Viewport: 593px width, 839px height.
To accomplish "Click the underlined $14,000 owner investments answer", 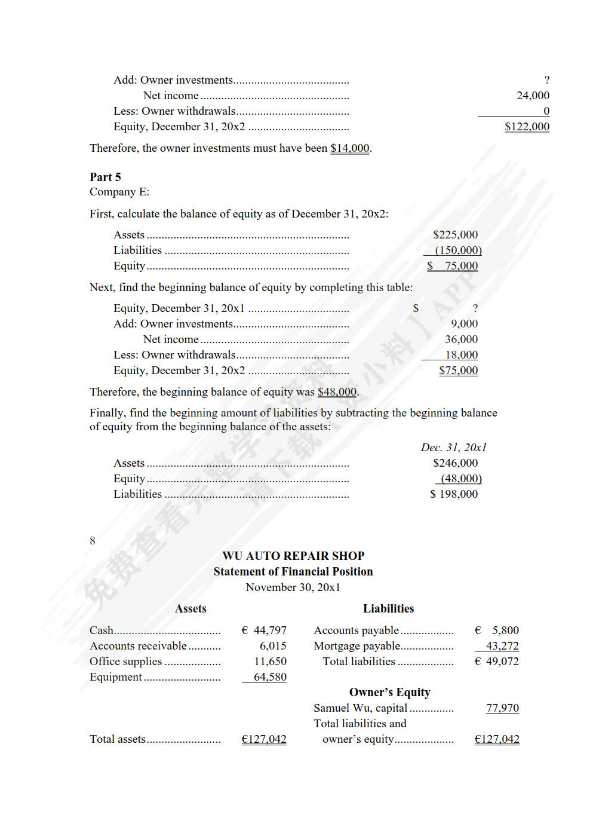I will tap(350, 148).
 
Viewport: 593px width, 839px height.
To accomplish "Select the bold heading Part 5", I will tap(105, 177).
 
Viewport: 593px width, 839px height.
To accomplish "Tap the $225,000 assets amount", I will tap(455, 235).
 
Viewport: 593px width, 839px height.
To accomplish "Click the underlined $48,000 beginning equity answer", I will tap(337, 392).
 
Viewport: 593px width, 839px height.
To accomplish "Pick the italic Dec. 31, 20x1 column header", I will tap(453, 448).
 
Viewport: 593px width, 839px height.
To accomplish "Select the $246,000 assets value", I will tap(455, 463).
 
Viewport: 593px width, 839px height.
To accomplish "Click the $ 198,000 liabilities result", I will tap(454, 494).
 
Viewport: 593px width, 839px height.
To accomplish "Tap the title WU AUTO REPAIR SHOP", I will tap(293, 556).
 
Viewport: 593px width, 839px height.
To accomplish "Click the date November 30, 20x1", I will tap(293, 587).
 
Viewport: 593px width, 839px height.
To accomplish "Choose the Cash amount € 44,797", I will tap(264, 630).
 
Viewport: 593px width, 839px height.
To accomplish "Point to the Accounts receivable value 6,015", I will tap(273, 646).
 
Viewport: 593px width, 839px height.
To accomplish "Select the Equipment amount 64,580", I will tap(270, 677).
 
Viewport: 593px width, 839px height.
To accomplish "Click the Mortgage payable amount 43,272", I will tap(502, 646).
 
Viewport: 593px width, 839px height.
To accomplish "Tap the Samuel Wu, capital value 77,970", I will tap(502, 708).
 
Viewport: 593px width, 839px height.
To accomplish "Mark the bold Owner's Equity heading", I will tap(389, 693).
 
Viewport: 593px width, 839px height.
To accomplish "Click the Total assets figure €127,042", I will tap(264, 739).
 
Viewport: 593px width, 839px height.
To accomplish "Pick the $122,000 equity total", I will tap(527, 127).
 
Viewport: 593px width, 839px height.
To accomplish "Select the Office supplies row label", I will tap(126, 662).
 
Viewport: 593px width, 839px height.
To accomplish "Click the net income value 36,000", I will tap(461, 339).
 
